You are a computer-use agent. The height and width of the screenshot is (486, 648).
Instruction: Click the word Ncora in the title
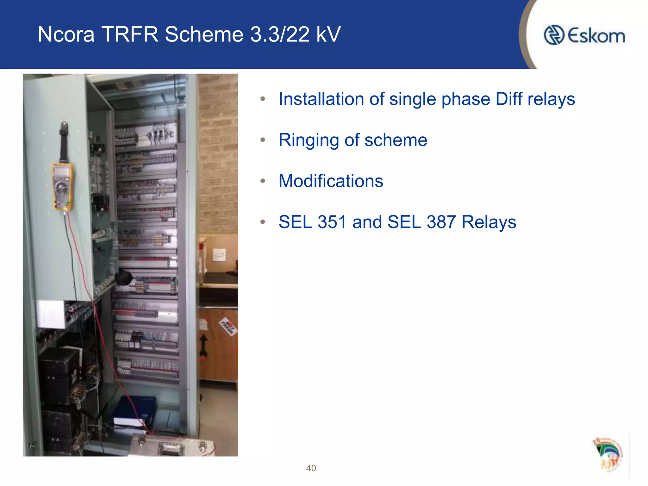pyautogui.click(x=66, y=34)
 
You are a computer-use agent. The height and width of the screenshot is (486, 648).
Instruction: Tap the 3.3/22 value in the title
pyautogui.click(x=280, y=34)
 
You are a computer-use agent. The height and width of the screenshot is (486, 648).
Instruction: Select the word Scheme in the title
pyautogui.click(x=204, y=34)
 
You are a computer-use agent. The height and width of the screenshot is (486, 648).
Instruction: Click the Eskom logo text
pyautogui.click(x=596, y=36)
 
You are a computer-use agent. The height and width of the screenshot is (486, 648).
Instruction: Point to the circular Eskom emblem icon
pyautogui.click(x=554, y=35)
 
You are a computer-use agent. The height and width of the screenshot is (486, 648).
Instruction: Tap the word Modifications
pyautogui.click(x=331, y=181)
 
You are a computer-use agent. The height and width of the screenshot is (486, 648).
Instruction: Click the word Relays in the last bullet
pyautogui.click(x=489, y=222)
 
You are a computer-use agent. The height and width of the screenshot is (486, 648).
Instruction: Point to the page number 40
pyautogui.click(x=311, y=468)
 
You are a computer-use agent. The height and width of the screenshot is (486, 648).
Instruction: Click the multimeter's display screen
pyautogui.click(x=62, y=172)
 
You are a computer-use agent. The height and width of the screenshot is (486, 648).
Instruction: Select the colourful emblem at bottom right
pyautogui.click(x=607, y=454)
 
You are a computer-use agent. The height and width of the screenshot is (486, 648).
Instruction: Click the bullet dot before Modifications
pyautogui.click(x=263, y=181)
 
